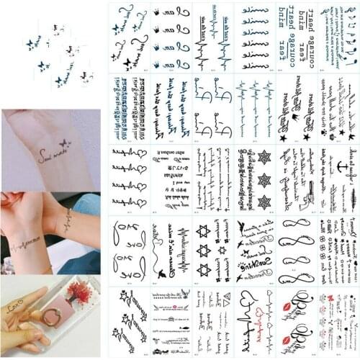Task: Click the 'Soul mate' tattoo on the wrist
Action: tap(53, 153)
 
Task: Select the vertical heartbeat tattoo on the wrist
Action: tap(69, 219)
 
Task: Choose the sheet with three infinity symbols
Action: tap(296, 249)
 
